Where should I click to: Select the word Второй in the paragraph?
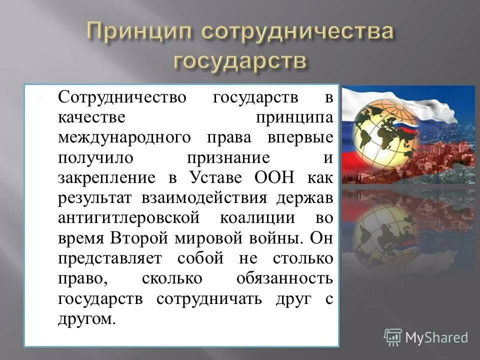[141, 238]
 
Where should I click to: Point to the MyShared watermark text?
[436, 337]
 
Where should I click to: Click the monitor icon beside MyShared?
[393, 336]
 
